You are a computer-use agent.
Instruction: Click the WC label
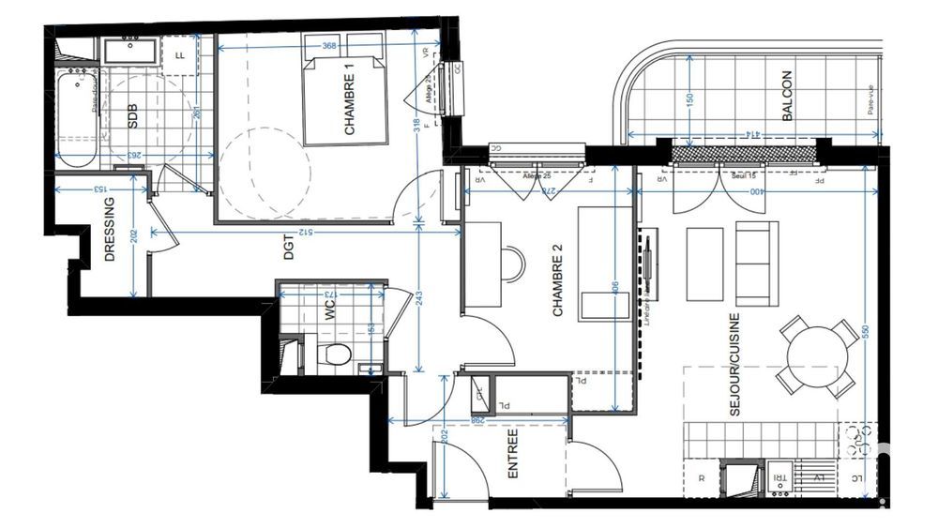pyautogui.click(x=329, y=311)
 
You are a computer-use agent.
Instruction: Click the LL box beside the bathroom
pyautogui.click(x=179, y=54)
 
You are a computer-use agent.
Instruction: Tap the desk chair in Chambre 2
pyautogui.click(x=512, y=263)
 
